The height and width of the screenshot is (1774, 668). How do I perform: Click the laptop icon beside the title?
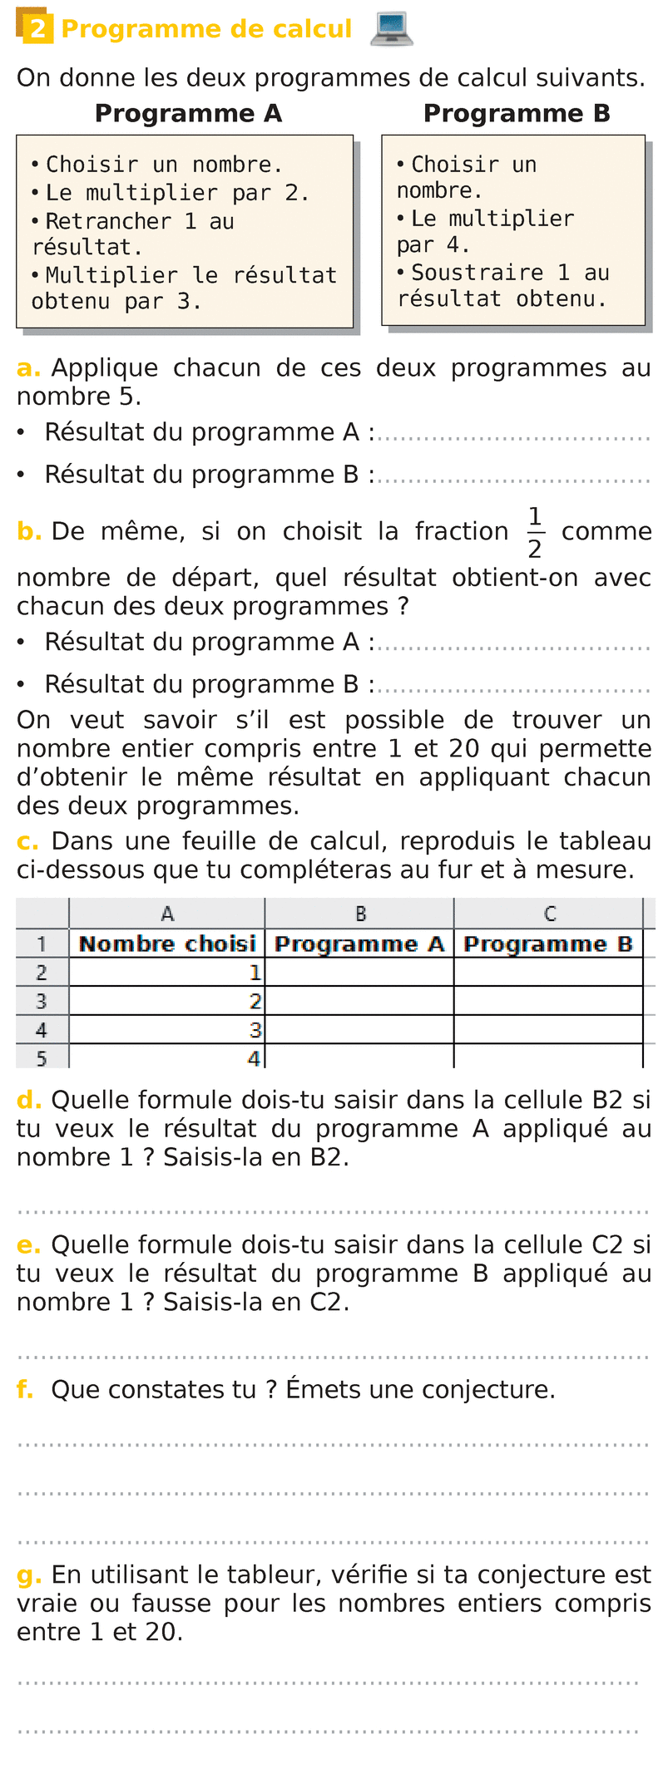coord(390,29)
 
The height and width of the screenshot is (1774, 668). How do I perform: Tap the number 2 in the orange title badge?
coord(37,30)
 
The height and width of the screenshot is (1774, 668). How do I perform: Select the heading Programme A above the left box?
coord(188,113)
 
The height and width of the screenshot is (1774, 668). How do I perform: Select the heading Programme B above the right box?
coord(517,113)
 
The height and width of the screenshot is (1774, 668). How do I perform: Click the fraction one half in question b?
coord(535,533)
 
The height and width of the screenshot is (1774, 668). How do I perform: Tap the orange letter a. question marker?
coord(28,368)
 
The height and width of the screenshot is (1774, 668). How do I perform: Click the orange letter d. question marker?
coord(28,1100)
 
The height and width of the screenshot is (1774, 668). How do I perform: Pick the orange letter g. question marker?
coord(28,1574)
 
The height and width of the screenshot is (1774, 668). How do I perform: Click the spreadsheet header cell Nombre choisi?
coord(167,944)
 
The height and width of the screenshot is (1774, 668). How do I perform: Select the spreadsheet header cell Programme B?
coord(548,944)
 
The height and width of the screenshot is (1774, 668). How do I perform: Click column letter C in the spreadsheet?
coord(549,914)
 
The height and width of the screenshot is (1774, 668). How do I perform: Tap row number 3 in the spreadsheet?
coord(42,1001)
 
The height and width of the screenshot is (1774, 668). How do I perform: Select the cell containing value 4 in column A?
coord(167,1058)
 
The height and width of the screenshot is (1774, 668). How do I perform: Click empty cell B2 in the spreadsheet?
coord(359,972)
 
